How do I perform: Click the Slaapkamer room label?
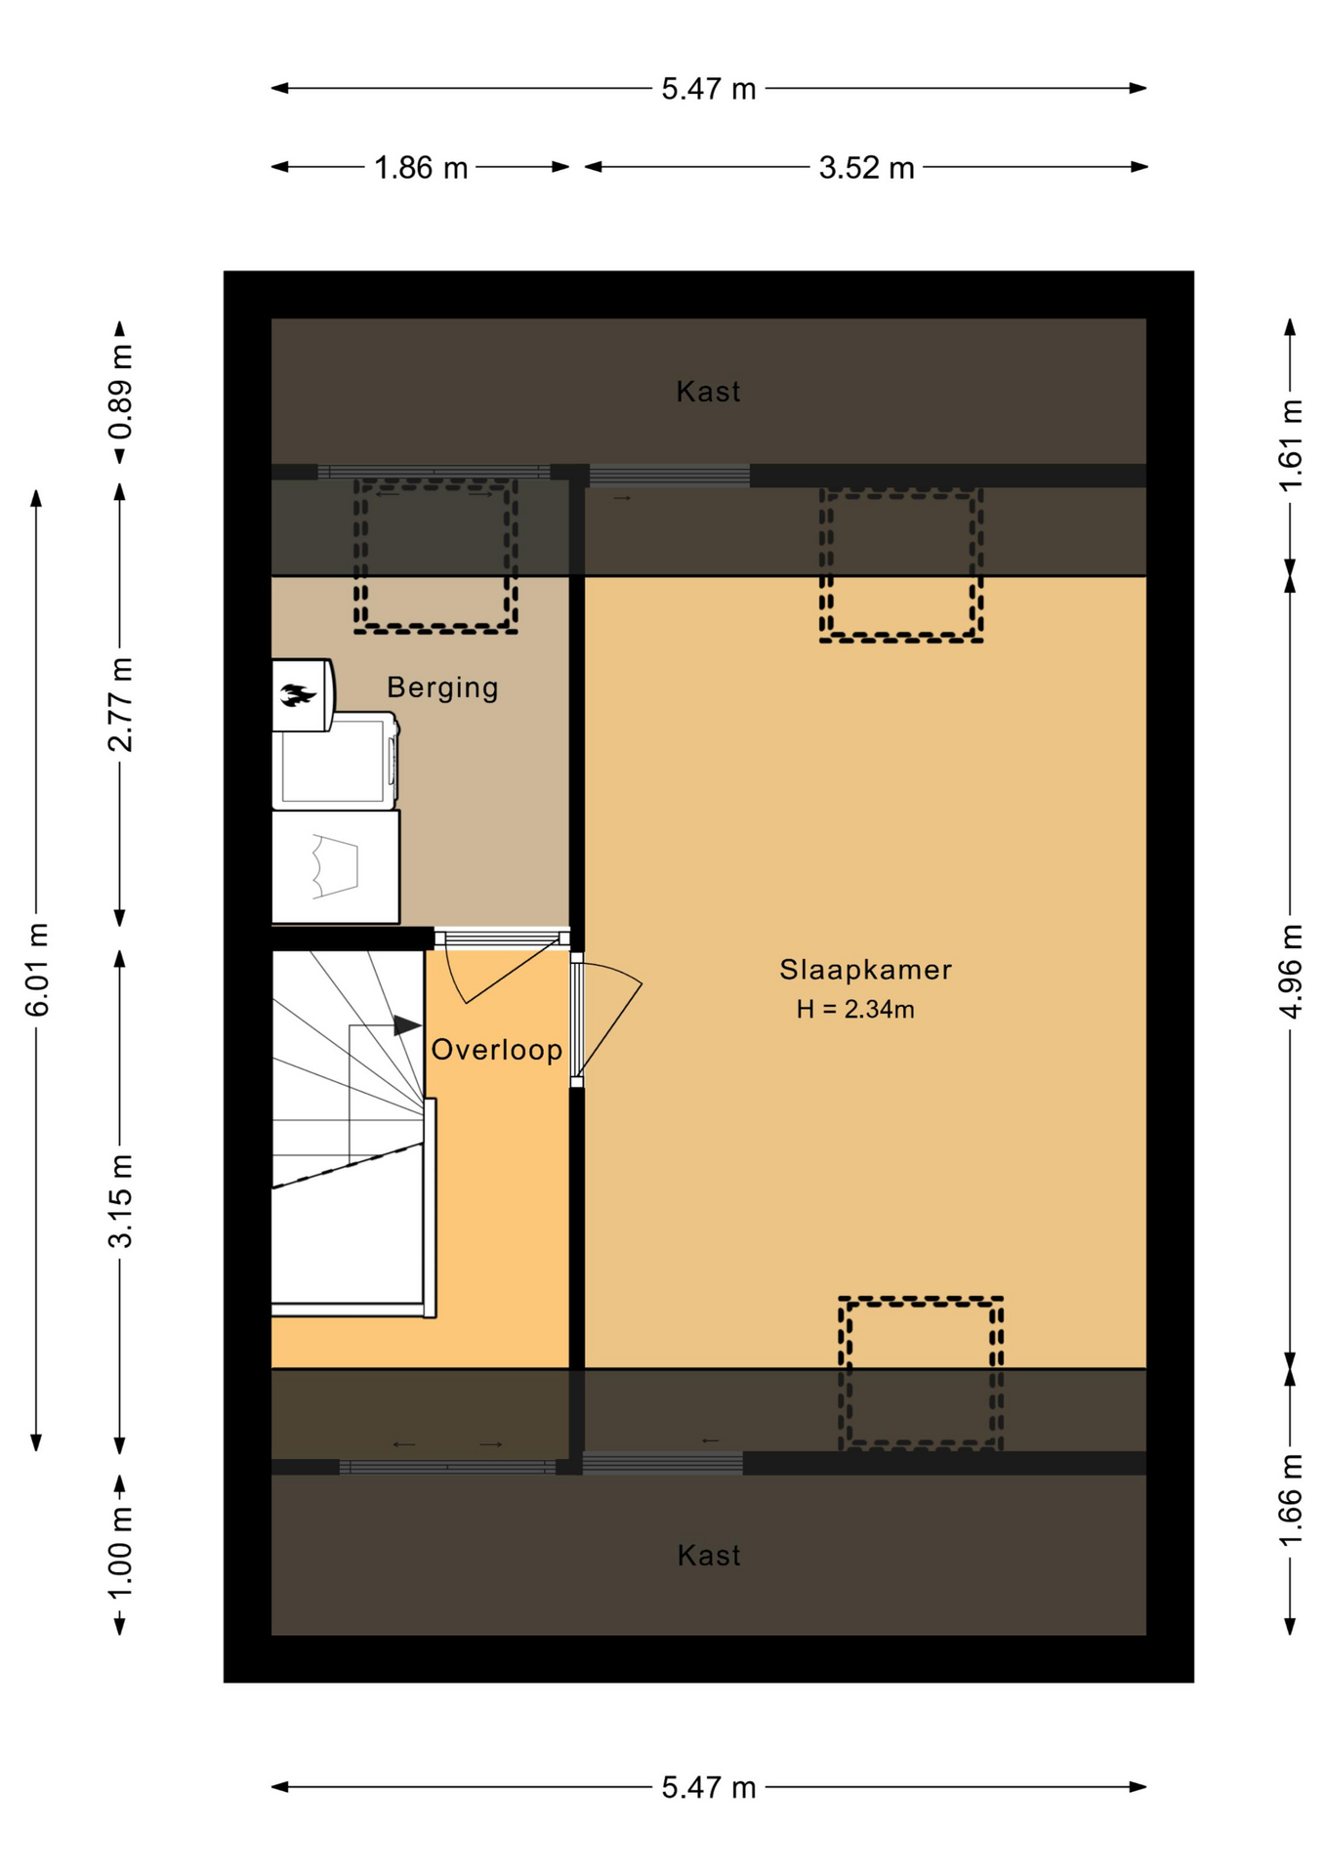[x=864, y=970]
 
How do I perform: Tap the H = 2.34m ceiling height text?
[x=855, y=1010]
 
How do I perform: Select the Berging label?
[x=442, y=687]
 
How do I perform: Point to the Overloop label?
[x=497, y=1050]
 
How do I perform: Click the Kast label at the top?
[x=709, y=392]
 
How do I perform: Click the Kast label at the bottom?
[x=709, y=1556]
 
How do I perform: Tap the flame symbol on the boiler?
[x=299, y=695]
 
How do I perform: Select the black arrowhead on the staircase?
[x=407, y=1025]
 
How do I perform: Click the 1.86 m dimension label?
[x=421, y=168]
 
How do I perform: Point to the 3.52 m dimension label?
[x=866, y=168]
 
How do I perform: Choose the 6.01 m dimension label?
[x=37, y=969]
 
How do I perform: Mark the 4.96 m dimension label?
[x=1291, y=972]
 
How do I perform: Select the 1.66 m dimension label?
[x=1291, y=1500]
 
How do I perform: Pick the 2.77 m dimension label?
[x=120, y=704]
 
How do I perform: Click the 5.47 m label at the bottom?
[x=709, y=1787]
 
